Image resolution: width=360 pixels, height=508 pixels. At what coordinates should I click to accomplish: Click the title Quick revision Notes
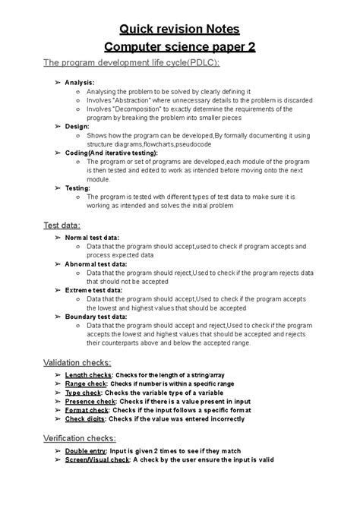point(179,29)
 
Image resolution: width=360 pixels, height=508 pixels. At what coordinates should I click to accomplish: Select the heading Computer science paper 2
point(179,47)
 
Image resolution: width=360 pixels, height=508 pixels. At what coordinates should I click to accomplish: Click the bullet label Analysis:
point(80,81)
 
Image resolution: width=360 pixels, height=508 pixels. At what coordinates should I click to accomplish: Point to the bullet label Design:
point(77,126)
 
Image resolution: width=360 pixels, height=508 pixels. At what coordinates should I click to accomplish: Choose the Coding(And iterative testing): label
point(112,152)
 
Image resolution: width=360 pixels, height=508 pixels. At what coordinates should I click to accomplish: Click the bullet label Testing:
point(78,188)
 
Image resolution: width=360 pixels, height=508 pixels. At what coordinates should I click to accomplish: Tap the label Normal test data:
point(92,238)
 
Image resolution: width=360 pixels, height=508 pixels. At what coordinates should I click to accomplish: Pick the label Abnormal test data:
point(96,263)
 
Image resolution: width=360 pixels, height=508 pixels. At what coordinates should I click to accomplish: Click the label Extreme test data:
point(93,289)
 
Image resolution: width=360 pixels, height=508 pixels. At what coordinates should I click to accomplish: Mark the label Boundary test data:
point(96,315)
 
